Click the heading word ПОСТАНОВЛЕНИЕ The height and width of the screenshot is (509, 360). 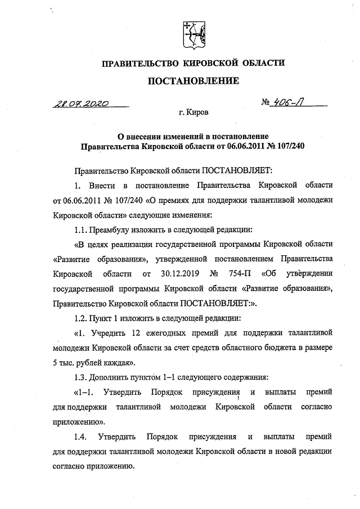193,82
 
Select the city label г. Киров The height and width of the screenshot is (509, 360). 193,112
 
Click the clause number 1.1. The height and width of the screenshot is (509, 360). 82,230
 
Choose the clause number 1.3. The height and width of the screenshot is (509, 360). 82,376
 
